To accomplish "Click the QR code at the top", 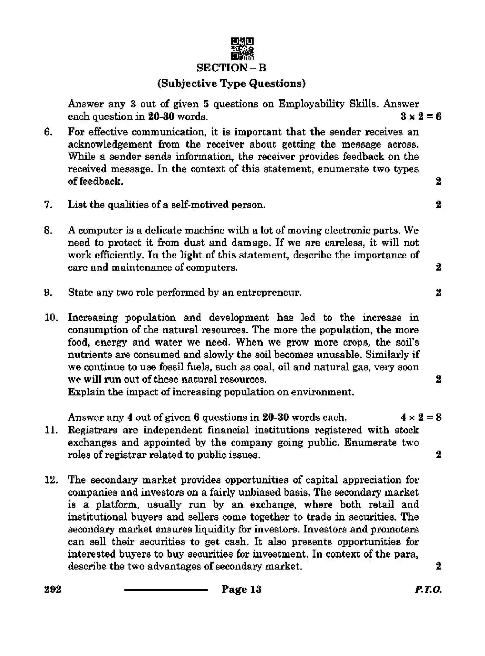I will pos(242,49).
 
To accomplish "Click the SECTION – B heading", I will pos(231,68).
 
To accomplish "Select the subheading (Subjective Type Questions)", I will pos(231,84).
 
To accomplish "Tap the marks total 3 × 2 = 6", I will pos(421,116).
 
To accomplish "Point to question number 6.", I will pos(48,132).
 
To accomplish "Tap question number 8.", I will pos(48,230).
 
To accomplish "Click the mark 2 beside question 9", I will pos(438,293).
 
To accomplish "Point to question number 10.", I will pos(51,317).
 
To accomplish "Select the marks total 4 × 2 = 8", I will pos(421,417).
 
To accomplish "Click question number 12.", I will pos(51,480).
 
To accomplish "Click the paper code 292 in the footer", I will pos(53,590).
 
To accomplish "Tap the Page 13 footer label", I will pos(241,590).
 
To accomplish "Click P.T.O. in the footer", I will pos(428,590).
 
